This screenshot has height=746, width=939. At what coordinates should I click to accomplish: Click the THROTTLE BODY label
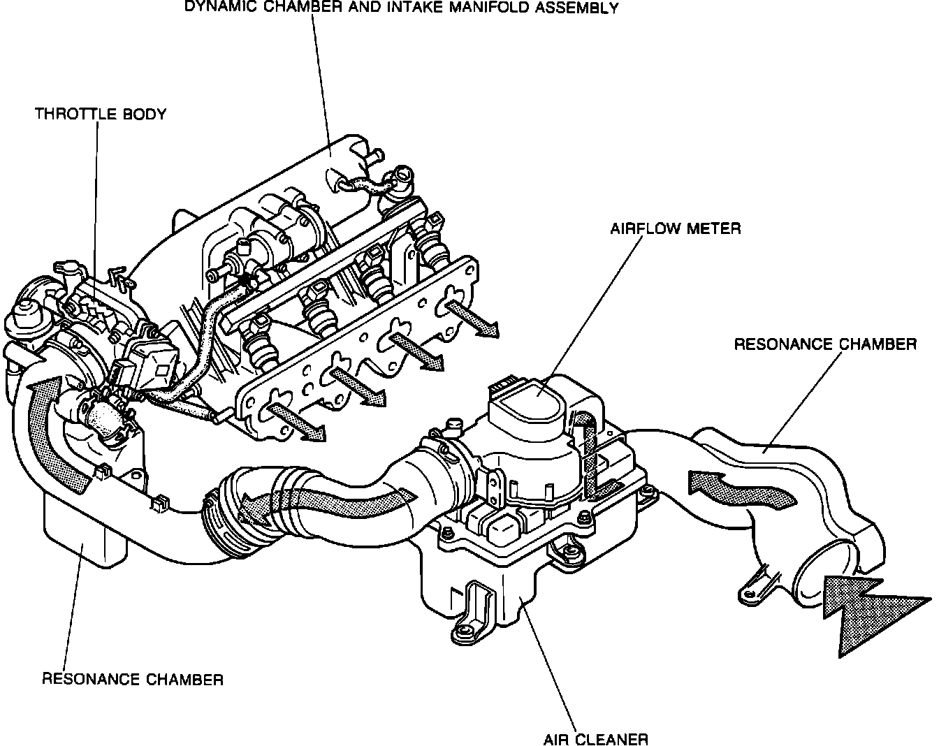tap(101, 114)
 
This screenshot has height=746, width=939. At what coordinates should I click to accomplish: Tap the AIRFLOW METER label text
tap(675, 228)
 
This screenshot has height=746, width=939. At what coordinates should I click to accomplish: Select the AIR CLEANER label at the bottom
tap(596, 739)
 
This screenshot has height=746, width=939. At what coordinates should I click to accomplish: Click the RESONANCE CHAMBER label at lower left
tap(133, 679)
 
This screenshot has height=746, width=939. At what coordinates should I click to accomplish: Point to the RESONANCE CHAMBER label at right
tap(824, 344)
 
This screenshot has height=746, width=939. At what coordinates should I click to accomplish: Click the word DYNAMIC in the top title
tap(214, 8)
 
